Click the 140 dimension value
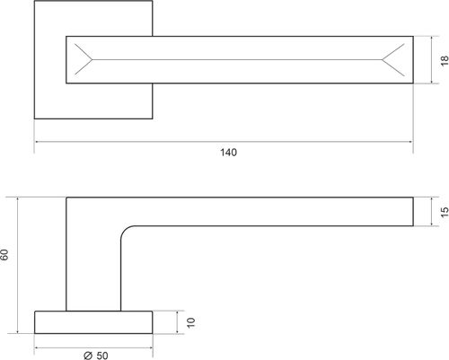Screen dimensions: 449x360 tap(228, 153)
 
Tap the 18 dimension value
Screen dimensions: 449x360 tap(445, 60)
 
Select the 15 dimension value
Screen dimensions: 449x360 tap(445, 212)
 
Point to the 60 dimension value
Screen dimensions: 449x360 tap(4, 254)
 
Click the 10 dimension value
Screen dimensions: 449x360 tap(190, 322)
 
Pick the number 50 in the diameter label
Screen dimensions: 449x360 tap(102, 356)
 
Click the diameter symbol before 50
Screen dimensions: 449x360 tap(88, 356)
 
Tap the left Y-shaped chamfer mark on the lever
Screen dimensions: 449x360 tap(84, 59)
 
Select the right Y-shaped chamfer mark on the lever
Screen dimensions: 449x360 tap(393, 60)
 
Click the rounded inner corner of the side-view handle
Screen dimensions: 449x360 tap(124, 230)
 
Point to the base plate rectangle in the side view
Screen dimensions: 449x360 tap(93, 322)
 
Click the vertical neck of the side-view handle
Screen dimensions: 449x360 tap(93, 269)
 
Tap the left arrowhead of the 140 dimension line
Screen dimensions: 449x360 tap(38, 142)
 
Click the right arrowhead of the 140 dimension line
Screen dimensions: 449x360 tap(410, 142)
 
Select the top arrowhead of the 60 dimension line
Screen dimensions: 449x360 tap(18, 200)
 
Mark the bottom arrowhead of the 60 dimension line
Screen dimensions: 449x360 tap(18, 330)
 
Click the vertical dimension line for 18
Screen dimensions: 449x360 tap(431, 60)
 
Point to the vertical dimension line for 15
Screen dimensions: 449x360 tap(431, 212)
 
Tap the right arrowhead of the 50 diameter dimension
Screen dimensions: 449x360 tap(150, 347)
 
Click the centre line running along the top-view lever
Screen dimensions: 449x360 tap(237, 59)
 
